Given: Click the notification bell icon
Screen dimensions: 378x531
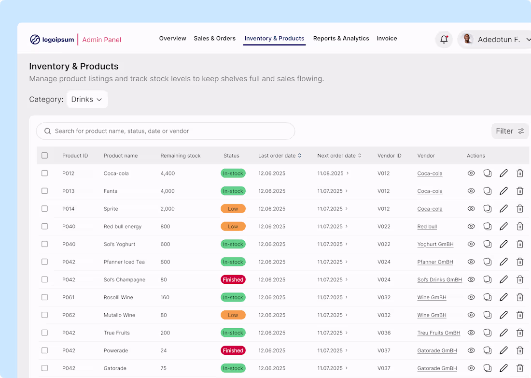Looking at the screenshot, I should click(x=444, y=40).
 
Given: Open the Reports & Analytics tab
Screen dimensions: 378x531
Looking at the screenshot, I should click(x=341, y=39).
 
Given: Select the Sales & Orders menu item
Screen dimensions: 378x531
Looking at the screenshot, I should click(x=215, y=39).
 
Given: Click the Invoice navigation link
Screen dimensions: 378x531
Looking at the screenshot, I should click(x=387, y=39).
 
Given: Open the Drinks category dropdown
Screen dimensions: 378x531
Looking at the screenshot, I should click(x=87, y=100).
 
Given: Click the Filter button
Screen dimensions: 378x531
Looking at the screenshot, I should click(x=510, y=131).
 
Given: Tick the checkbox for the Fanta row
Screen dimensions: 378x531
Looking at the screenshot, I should click(x=44, y=191).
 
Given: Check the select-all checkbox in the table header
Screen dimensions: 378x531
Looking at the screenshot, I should click(x=44, y=156).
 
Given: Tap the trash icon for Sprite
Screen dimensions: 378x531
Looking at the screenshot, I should click(x=520, y=209).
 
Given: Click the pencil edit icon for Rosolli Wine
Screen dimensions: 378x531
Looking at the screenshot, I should click(x=503, y=297).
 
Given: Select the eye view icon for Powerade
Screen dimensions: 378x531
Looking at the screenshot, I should click(x=471, y=350).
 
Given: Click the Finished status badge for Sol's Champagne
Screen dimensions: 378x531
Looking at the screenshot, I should click(x=233, y=280).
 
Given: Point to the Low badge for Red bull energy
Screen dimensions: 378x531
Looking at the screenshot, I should click(x=233, y=227).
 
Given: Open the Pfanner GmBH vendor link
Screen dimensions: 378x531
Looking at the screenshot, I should click(x=435, y=262).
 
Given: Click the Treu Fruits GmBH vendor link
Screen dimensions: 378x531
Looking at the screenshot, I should click(x=438, y=333).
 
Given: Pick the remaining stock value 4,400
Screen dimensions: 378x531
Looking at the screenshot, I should click(x=168, y=174).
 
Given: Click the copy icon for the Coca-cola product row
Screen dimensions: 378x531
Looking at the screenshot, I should click(x=488, y=174).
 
